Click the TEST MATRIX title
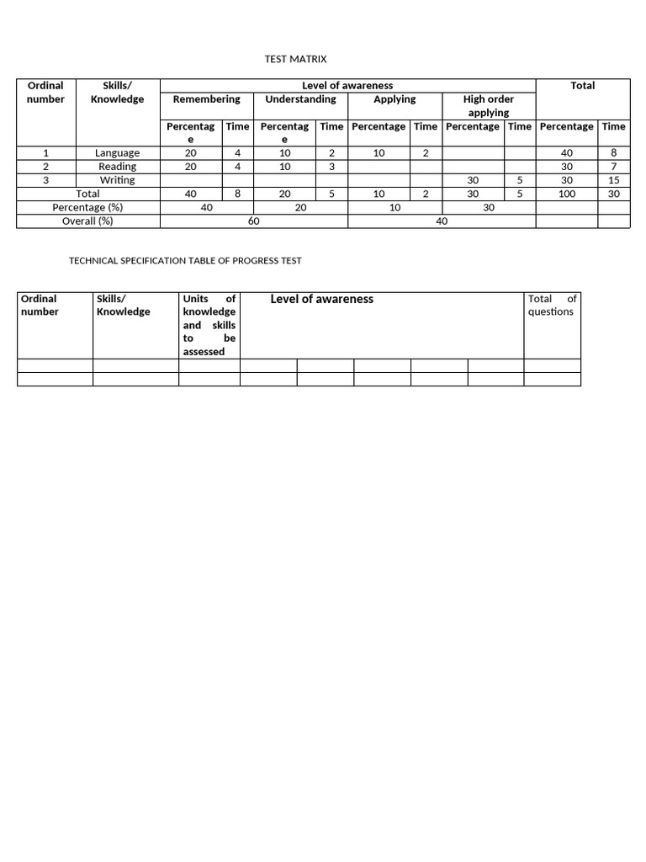click(x=295, y=59)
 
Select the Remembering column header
click(x=206, y=99)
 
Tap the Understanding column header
click(x=300, y=99)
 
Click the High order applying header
click(x=489, y=105)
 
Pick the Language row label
click(x=117, y=153)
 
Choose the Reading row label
click(x=117, y=167)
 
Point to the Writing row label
click(x=117, y=180)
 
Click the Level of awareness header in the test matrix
click(x=347, y=86)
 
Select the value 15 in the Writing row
click(x=613, y=180)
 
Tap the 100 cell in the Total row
click(x=566, y=194)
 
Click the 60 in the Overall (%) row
click(x=253, y=221)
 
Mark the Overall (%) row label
click(x=87, y=221)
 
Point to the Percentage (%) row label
click(x=87, y=207)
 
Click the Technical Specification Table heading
click(x=185, y=261)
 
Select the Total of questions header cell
click(x=552, y=305)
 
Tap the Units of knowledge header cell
click(x=209, y=325)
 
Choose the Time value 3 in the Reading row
click(x=331, y=167)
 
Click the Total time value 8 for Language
click(x=613, y=153)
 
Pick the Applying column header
click(x=394, y=99)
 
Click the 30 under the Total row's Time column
click(x=613, y=194)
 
